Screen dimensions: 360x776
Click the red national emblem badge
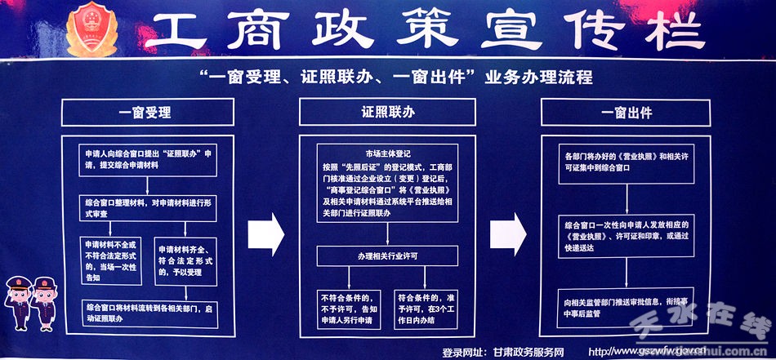(x=91, y=30)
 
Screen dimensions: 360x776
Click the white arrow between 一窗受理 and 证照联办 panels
(x=265, y=231)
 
